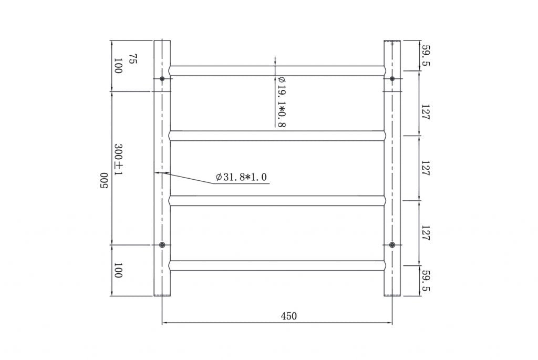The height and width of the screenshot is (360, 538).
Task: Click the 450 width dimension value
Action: pos(289,316)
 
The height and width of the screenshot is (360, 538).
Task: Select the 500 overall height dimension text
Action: pos(104,181)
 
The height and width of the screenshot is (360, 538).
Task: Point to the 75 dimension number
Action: pos(132,58)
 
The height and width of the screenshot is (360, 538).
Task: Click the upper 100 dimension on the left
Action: pos(118,66)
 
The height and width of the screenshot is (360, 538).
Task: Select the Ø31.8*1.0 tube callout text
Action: pos(241,177)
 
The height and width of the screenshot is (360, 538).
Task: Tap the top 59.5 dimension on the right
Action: pos(426,56)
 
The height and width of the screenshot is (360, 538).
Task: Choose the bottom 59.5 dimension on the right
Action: pos(426,282)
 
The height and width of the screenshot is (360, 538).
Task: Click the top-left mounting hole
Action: pos(162,79)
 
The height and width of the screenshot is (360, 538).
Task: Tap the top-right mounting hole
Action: pos(392,79)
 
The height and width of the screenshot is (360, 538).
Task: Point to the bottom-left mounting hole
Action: pos(162,245)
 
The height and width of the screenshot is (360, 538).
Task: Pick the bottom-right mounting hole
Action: pos(392,245)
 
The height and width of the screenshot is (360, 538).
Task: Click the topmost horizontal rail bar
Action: pos(277,70)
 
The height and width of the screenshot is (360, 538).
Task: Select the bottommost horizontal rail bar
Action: pos(277,265)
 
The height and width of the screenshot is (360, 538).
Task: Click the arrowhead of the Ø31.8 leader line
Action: pos(156,172)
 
